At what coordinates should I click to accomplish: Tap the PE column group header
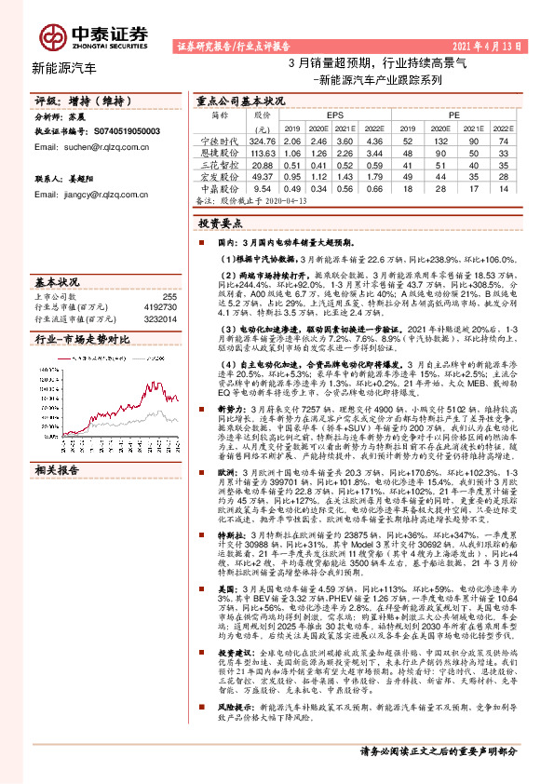pyautogui.click(x=453, y=115)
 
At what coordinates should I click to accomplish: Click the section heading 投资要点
pyautogui.click(x=217, y=224)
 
